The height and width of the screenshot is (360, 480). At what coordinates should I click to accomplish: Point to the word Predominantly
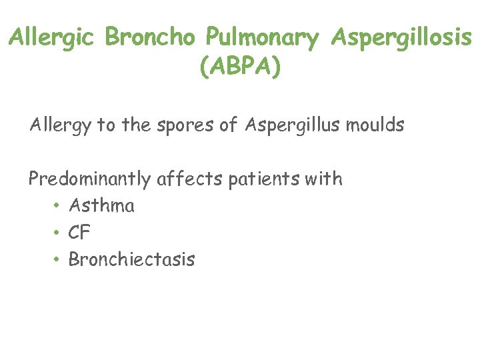click(91, 179)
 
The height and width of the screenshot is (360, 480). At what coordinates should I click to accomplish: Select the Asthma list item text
click(101, 205)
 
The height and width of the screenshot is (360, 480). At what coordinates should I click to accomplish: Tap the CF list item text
click(79, 233)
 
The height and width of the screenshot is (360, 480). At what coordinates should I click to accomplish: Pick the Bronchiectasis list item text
click(131, 259)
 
